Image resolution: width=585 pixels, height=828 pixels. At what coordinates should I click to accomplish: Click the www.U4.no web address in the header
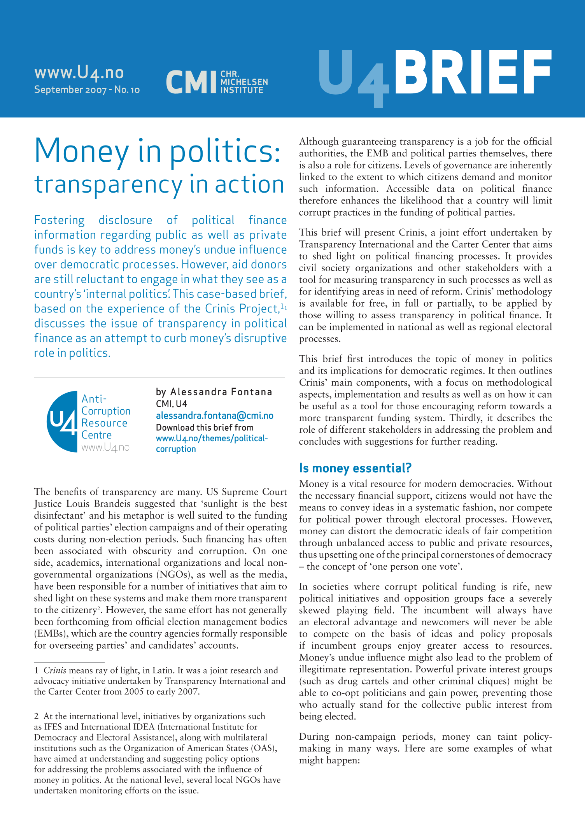[x=79, y=72]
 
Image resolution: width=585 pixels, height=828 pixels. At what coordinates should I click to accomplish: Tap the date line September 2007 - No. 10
[x=87, y=90]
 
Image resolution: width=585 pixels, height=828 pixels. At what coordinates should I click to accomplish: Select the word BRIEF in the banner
[x=473, y=73]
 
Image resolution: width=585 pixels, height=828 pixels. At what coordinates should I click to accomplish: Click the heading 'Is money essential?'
[x=355, y=468]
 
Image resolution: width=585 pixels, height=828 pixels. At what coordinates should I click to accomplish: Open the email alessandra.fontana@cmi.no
[x=214, y=416]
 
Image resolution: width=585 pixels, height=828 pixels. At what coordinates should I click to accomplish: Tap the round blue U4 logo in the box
[x=62, y=421]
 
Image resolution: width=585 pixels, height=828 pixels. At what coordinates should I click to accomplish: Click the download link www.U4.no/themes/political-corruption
[x=212, y=444]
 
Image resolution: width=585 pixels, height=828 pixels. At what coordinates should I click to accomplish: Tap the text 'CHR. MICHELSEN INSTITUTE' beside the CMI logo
[x=244, y=82]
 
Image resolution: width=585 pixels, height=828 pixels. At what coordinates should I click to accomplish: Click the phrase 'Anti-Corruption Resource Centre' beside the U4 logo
[x=105, y=417]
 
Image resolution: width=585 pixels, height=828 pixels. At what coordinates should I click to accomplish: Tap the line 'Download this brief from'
[x=205, y=428]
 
